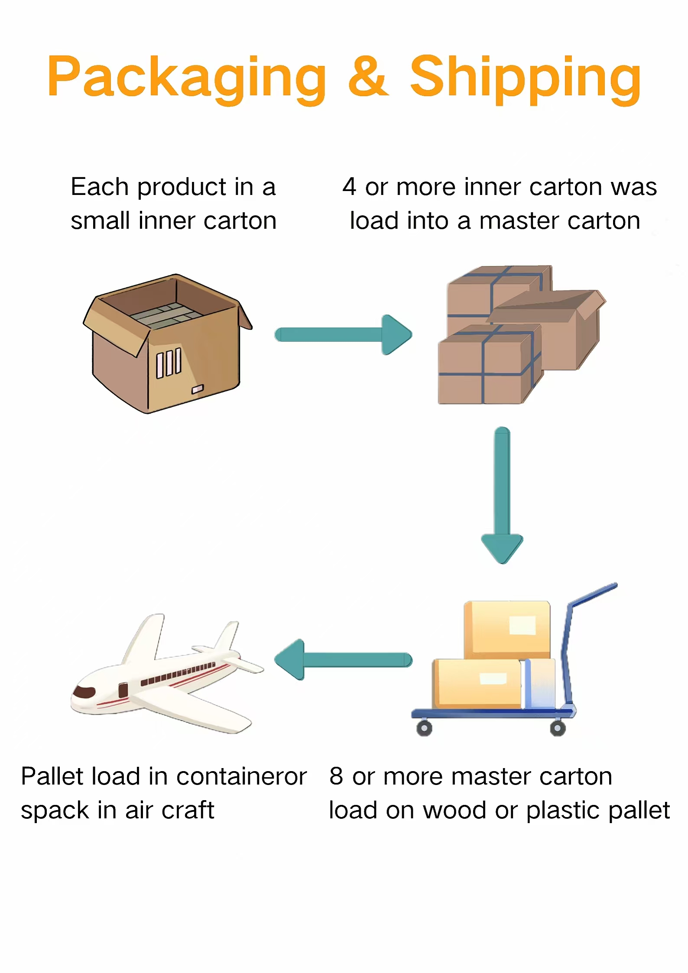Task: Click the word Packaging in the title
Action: [186, 78]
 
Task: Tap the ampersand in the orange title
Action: [368, 77]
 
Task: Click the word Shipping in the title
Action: [525, 78]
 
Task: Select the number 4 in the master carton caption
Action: [349, 187]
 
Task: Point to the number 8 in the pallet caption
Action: [336, 776]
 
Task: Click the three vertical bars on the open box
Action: [169, 363]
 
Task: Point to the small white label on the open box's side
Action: [198, 389]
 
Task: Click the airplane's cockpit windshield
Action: [84, 692]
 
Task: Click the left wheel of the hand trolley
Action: [424, 728]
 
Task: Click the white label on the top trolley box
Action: [522, 626]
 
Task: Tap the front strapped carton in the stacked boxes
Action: [485, 366]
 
